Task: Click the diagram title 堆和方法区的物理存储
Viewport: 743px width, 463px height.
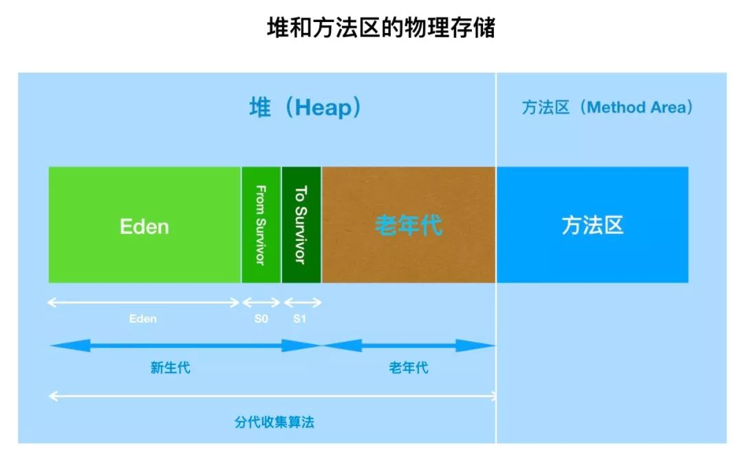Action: (381, 27)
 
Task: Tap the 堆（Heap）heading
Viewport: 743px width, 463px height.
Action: (305, 107)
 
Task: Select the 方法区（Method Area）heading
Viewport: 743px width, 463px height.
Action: (607, 107)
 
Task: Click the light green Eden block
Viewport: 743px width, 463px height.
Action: (144, 225)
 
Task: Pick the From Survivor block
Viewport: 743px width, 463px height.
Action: (261, 225)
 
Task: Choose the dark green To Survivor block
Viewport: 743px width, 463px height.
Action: (301, 225)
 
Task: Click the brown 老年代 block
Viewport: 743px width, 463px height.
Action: (409, 225)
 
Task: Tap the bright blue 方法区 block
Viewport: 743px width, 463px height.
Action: (592, 225)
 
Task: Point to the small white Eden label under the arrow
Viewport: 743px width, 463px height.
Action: (142, 319)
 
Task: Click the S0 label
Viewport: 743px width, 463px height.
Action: (261, 319)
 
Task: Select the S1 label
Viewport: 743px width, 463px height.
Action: (299, 319)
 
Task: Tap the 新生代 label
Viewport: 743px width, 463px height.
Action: (170, 367)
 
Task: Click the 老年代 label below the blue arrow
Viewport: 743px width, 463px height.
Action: (409, 367)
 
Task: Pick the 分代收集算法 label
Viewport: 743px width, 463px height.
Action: (274, 422)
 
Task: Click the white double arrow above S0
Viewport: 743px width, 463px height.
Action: (261, 302)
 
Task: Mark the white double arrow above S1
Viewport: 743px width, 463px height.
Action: (303, 302)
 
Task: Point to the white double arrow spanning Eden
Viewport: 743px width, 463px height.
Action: (144, 302)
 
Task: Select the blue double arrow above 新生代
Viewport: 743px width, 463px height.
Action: (185, 345)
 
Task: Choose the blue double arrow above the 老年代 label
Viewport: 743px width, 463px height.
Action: (409, 345)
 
